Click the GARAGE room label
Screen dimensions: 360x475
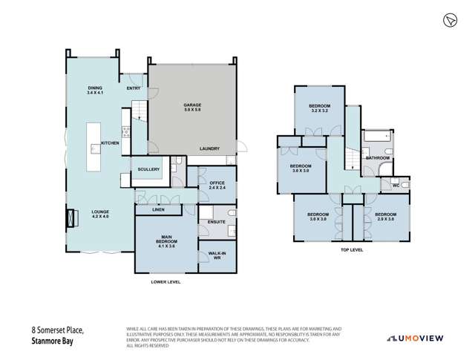coord(193,108)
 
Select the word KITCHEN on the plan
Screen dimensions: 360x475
coord(110,143)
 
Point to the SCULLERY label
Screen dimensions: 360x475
coord(148,169)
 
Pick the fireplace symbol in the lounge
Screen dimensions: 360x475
coord(72,217)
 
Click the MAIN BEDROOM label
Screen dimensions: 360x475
coord(167,242)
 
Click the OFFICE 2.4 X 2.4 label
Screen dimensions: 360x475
coord(217,185)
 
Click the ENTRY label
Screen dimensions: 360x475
coord(134,88)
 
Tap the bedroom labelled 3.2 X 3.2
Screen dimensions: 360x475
coord(320,108)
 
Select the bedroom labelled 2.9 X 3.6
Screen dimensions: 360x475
coord(386,219)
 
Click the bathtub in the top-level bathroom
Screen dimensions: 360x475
coord(374,137)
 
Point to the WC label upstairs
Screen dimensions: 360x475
coord(395,185)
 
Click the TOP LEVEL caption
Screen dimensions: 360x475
coord(351,250)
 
